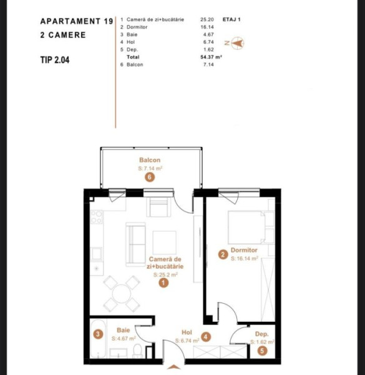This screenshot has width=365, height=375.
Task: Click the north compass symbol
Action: [x=237, y=43]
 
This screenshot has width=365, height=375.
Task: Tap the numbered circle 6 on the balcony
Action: [x=150, y=177]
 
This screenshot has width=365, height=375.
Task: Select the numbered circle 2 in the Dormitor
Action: [x=223, y=255]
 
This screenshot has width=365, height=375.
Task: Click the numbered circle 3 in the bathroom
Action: [x=98, y=334]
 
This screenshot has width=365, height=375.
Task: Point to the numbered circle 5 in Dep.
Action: [x=262, y=351]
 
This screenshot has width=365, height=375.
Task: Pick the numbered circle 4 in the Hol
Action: [x=206, y=337]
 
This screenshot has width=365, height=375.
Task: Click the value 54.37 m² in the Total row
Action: [x=211, y=57]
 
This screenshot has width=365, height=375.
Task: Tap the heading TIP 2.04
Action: [x=55, y=60]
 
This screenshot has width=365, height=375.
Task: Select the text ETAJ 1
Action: [x=231, y=19]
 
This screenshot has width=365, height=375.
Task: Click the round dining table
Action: [x=122, y=294]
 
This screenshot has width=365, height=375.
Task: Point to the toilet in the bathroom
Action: [x=138, y=351]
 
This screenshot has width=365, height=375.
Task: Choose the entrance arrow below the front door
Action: [x=173, y=367]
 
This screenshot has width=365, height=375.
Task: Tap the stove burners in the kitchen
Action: [x=97, y=217]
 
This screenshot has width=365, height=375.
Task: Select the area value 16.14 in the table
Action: [x=207, y=27]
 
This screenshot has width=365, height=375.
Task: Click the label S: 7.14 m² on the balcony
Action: [x=150, y=168]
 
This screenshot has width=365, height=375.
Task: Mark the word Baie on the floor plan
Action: [x=123, y=330]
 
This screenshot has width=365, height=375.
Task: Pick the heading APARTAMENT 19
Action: [x=77, y=21]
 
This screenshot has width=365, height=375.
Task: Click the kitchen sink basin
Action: [x=97, y=254]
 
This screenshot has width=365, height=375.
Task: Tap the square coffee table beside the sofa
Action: [x=165, y=242]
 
